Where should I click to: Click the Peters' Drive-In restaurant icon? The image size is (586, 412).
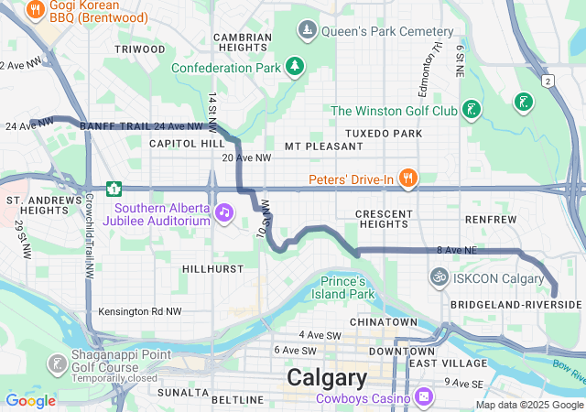408,178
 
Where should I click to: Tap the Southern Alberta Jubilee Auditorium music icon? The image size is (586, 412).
223,212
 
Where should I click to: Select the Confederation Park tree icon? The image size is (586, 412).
294,66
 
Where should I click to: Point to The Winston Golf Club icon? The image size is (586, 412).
471,111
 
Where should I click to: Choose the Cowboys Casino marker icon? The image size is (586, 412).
423,397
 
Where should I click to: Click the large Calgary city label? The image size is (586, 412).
327,377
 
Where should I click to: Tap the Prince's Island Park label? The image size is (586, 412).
347,287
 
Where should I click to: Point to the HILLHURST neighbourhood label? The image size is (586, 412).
212,269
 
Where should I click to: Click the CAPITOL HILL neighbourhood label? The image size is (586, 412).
187,145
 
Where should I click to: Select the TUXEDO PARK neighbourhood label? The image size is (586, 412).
383,134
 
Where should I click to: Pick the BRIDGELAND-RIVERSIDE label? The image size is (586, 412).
516,304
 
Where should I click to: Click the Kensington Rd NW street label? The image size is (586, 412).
140,312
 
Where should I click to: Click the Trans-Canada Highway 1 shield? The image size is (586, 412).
114,189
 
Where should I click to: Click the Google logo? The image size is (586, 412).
31,400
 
